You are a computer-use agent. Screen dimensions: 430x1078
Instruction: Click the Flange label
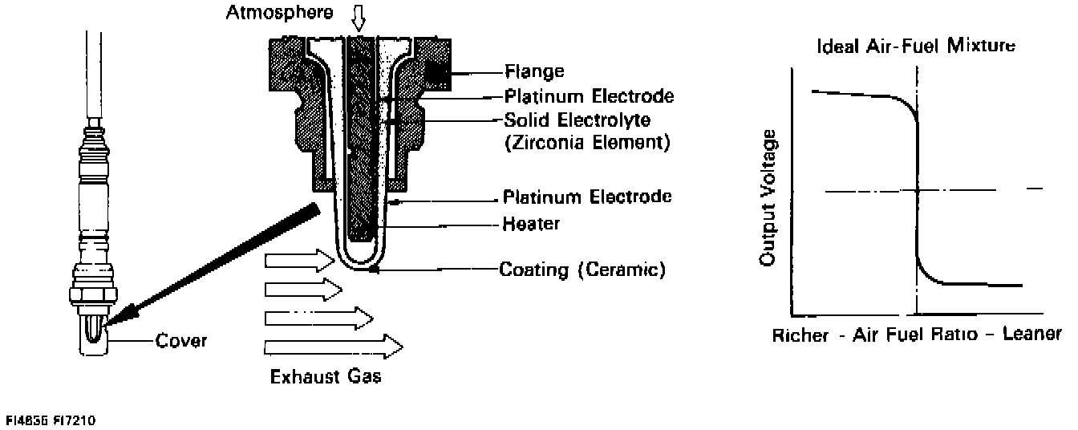[533, 72]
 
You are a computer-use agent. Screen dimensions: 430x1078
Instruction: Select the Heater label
[531, 224]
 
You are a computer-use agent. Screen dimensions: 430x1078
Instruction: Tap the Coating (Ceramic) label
[582, 269]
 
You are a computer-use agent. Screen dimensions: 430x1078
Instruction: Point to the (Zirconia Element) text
[586, 144]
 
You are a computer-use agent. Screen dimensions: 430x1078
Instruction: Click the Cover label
[182, 341]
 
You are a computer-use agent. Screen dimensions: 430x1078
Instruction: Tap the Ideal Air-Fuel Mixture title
[916, 46]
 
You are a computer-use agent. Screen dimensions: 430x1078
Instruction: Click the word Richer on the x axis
[799, 335]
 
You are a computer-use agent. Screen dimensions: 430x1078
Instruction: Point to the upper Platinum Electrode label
[589, 96]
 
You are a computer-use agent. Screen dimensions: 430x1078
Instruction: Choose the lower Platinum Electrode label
[587, 197]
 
